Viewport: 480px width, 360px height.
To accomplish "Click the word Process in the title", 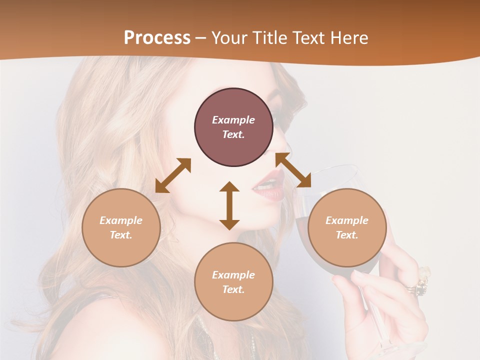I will pyautogui.click(x=157, y=37).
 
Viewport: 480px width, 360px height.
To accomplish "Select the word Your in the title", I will pyautogui.click(x=230, y=37).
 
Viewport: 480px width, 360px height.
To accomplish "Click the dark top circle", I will pyautogui.click(x=233, y=127).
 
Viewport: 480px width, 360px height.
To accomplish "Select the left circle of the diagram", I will pyautogui.click(x=121, y=227).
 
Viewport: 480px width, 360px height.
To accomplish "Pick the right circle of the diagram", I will pyautogui.click(x=347, y=227).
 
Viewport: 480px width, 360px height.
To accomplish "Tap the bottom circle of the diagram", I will pyautogui.click(x=233, y=281).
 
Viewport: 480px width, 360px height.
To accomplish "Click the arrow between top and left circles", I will pyautogui.click(x=173, y=175).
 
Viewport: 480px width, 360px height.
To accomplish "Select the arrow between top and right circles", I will pyautogui.click(x=293, y=170).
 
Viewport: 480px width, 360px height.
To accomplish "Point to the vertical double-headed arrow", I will pyautogui.click(x=229, y=205).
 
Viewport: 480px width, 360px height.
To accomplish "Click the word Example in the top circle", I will pyautogui.click(x=233, y=120).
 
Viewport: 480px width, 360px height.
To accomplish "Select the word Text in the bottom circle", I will pyautogui.click(x=232, y=289).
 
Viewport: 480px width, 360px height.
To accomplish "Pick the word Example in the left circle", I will pyautogui.click(x=121, y=220).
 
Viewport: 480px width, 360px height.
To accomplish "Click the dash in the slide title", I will pyautogui.click(x=201, y=38).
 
